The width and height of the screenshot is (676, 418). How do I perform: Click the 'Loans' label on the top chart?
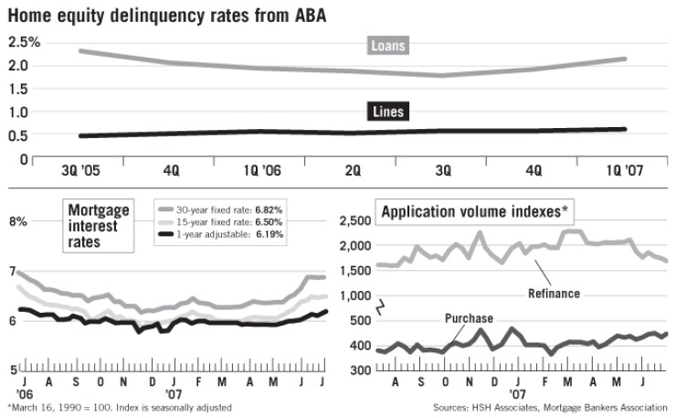point(388,45)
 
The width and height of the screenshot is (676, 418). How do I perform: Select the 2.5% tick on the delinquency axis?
point(25,42)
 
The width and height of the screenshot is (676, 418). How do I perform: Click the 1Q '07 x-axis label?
point(624,169)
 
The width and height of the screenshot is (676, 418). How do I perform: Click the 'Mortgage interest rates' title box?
point(100,224)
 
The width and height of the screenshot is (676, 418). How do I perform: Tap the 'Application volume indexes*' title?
point(474,212)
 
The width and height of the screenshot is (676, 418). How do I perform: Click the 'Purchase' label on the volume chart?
point(469,318)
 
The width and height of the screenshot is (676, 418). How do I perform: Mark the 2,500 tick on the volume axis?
point(353,221)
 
